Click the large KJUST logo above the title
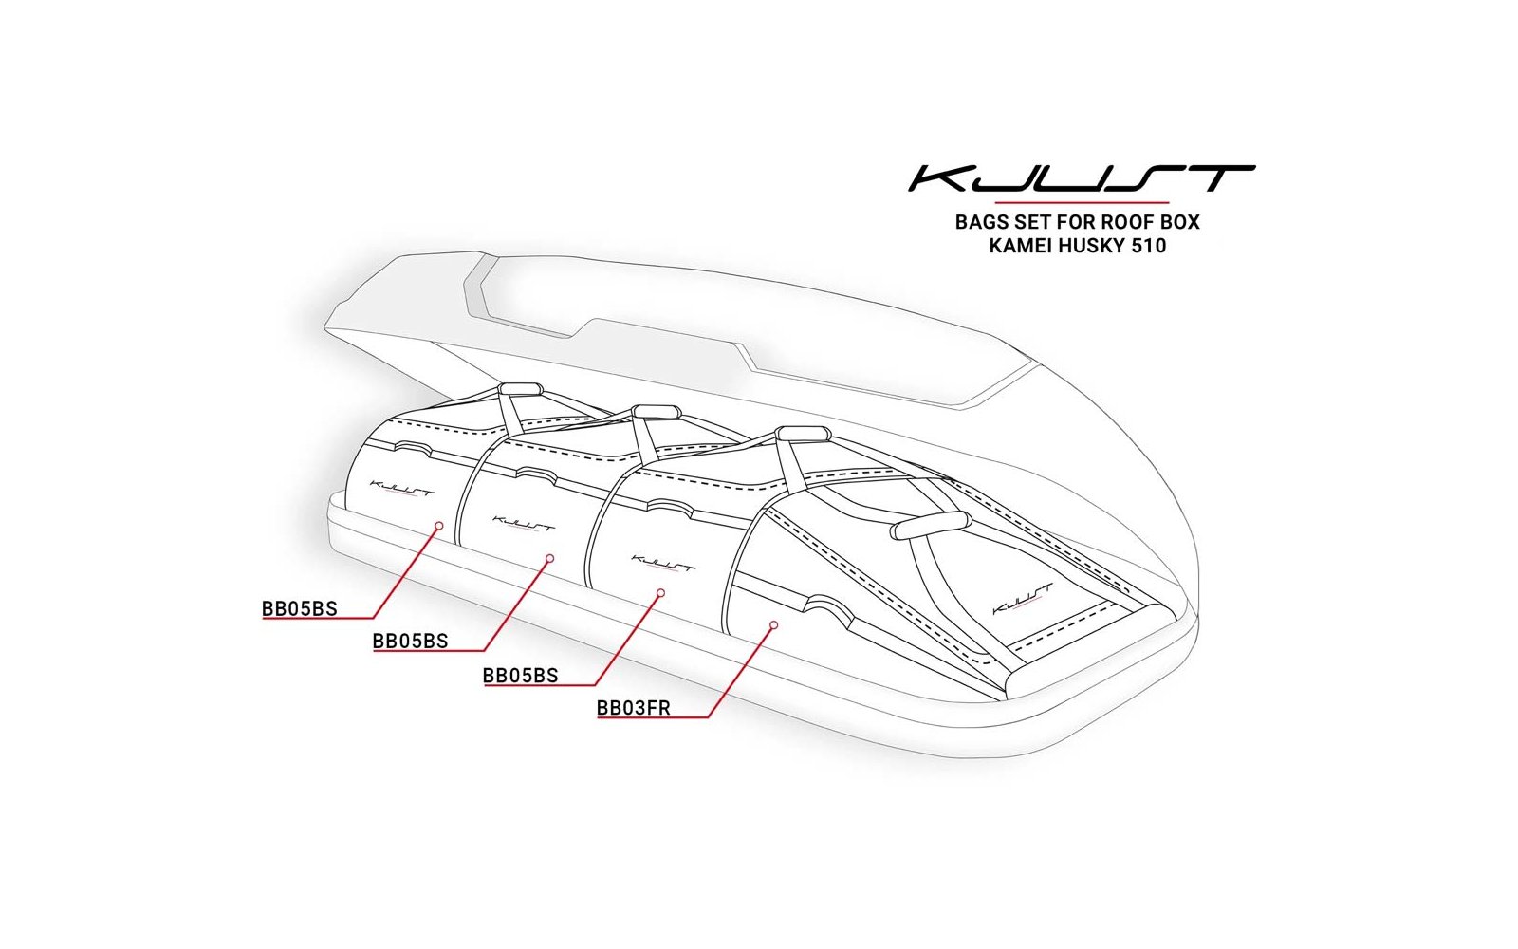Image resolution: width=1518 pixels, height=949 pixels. pyautogui.click(x=1082, y=178)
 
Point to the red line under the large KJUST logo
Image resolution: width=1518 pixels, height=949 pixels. pyautogui.click(x=1082, y=202)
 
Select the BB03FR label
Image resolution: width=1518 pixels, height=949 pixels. pyautogui.click(x=634, y=708)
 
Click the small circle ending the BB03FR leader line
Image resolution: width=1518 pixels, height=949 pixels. pyautogui.click(x=774, y=624)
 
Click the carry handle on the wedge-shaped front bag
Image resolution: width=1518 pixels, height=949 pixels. pyautogui.click(x=930, y=525)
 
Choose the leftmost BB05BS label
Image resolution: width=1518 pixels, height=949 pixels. pyautogui.click(x=300, y=608)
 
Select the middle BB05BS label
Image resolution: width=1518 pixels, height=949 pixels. pyautogui.click(x=411, y=642)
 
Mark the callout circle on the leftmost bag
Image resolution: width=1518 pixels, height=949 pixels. pyautogui.click(x=439, y=526)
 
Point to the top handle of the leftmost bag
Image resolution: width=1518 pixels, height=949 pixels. pyautogui.click(x=521, y=389)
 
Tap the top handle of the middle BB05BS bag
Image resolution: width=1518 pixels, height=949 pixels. pyautogui.click(x=656, y=412)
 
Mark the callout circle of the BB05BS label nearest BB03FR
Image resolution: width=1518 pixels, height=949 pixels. pyautogui.click(x=660, y=593)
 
